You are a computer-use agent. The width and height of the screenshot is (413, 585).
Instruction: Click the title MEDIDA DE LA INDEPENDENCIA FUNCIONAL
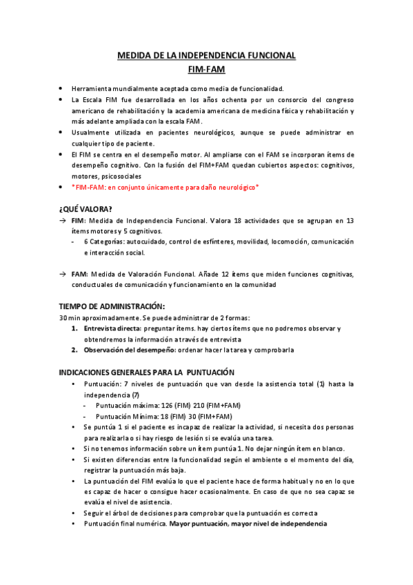click(x=207, y=55)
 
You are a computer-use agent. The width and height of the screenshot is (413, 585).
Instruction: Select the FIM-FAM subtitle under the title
click(x=207, y=69)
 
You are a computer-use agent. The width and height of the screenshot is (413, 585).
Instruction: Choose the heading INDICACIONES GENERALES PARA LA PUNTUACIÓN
click(x=147, y=372)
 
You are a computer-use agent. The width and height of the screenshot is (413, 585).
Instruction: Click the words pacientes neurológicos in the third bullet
click(x=176, y=132)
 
